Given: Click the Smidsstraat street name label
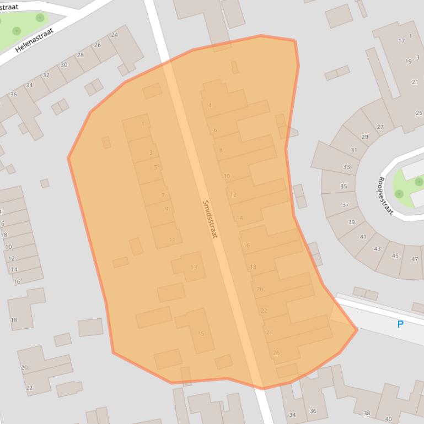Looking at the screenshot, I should pos(210,219).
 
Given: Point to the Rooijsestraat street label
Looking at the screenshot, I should pos(385,195).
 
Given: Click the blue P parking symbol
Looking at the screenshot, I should pos(400,324).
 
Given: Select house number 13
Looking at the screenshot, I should pos(194,268).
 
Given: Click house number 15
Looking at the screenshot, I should pos(201,334).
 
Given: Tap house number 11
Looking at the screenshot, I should pos(172,240).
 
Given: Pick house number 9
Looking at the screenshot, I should pos(167,209).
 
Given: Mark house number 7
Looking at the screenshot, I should pos(163,195).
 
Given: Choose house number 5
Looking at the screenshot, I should pos(155,167).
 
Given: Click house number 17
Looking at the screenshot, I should pos(401,41).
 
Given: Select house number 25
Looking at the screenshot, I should pos(418,113).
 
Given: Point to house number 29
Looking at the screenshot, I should pos(364,137).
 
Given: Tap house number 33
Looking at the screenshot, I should pos(346,167).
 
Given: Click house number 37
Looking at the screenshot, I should pos(345,204).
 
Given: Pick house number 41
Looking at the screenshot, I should pos(363,237).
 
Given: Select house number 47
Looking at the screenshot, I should pos(415,259).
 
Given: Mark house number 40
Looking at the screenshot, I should pos(389,419).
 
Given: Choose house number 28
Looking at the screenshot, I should pos(80,55).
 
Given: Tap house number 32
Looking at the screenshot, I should pos(46,75).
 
